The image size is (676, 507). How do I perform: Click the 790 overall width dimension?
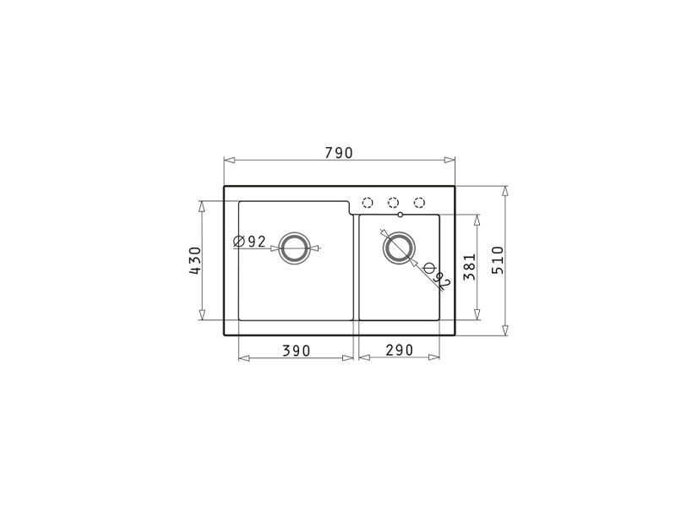click(339, 153)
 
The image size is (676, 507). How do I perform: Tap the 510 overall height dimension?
click(498, 260)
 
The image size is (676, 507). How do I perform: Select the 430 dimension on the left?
click(195, 261)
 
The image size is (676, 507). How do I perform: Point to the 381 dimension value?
click(470, 267)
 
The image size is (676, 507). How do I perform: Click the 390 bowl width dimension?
click(297, 351)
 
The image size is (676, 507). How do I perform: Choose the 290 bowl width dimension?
click(400, 350)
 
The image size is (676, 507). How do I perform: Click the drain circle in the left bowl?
click(294, 248)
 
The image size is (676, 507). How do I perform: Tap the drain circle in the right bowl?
click(399, 248)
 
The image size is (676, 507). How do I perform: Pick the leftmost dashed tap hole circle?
click(368, 203)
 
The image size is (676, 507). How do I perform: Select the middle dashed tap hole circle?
click(393, 203)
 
